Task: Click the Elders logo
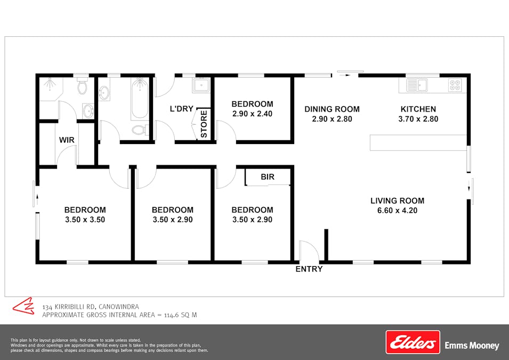(413, 342)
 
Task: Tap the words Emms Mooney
(472, 346)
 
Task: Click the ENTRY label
(309, 269)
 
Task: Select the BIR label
(268, 177)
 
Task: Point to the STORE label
(204, 124)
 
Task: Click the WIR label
(67, 140)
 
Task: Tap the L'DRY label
(181, 109)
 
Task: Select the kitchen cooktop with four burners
(455, 84)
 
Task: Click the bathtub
(140, 99)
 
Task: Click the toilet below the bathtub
(139, 130)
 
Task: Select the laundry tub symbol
(201, 85)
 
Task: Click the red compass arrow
(23, 306)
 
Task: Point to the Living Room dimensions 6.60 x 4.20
(398, 210)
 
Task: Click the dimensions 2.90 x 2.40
(252, 114)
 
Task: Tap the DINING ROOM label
(332, 109)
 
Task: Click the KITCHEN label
(418, 109)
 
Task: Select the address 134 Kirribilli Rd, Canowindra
(91, 307)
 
